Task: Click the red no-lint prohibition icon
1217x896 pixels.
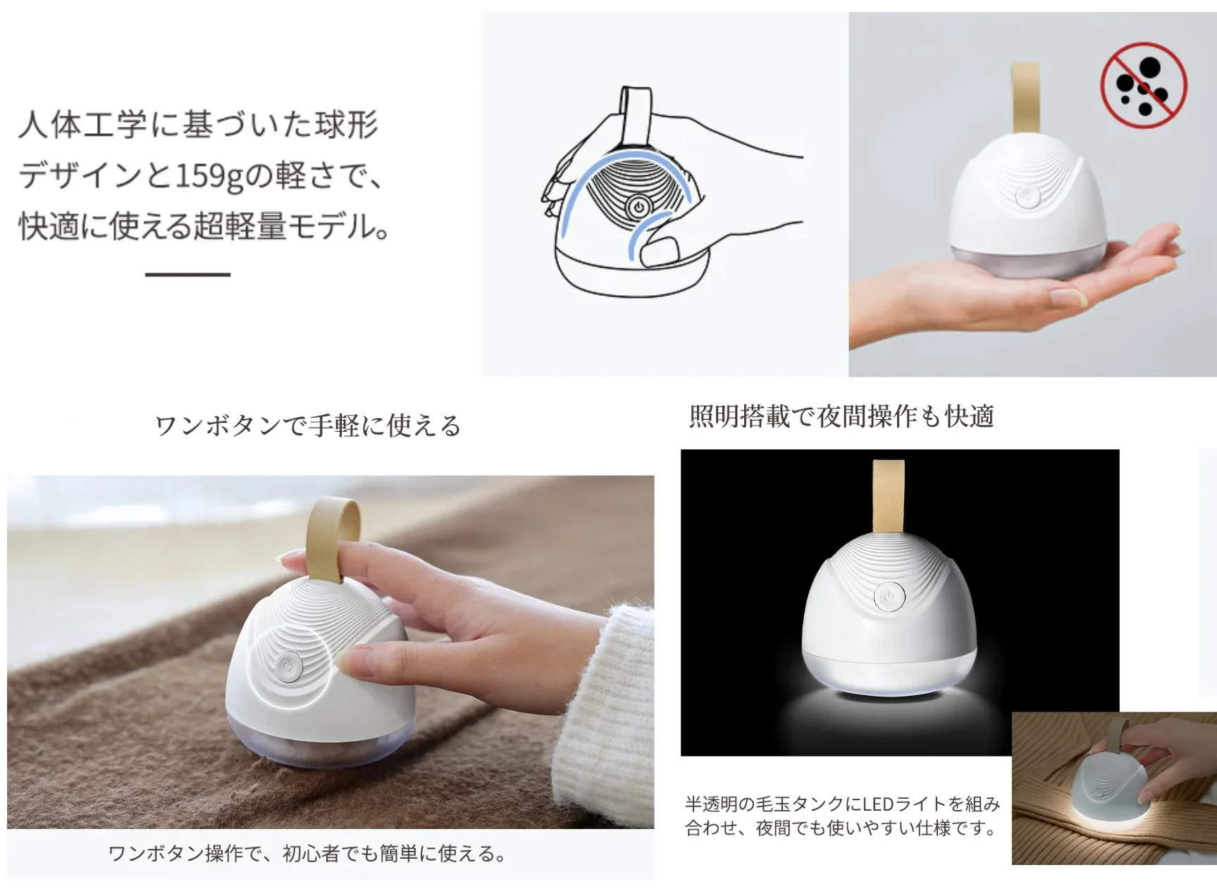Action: pyautogui.click(x=1143, y=85)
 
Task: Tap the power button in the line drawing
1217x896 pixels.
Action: pyautogui.click(x=638, y=208)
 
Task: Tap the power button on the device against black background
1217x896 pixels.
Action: pyautogui.click(x=889, y=597)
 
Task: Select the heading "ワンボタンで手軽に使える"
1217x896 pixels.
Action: pyautogui.click(x=307, y=425)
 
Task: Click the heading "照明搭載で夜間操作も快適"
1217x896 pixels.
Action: pyautogui.click(x=841, y=416)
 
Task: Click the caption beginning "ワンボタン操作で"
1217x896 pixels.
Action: pyautogui.click(x=307, y=854)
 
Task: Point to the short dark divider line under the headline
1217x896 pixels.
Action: pyautogui.click(x=187, y=274)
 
